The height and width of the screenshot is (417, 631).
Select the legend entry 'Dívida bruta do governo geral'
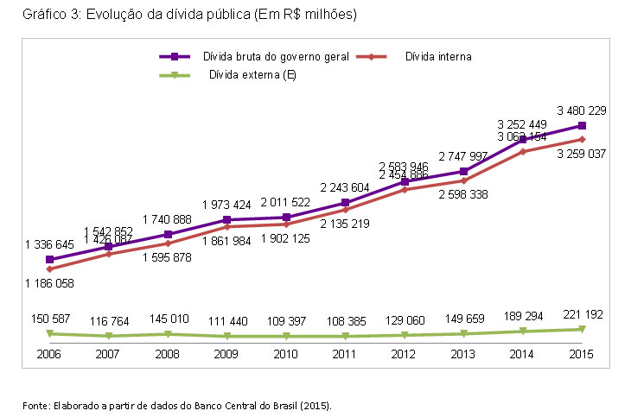pos(276,56)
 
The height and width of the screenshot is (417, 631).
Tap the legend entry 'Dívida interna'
pos(437,56)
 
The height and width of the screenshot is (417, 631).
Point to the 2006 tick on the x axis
pos(49,354)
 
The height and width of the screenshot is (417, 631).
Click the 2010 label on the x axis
pos(286,354)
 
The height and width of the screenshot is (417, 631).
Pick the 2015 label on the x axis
pos(582,354)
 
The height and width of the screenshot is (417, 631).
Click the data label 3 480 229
pos(581,110)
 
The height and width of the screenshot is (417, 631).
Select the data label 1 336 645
pos(49,244)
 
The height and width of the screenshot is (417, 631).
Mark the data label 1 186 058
pos(49,284)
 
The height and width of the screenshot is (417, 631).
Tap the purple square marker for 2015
pos(582,125)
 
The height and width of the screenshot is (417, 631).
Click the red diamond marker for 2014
pos(523,151)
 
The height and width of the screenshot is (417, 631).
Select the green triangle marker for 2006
pos(49,333)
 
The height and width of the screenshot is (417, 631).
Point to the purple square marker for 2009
pos(226,219)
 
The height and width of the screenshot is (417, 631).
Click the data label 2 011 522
pos(286,202)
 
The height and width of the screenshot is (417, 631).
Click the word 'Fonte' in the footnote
pos(35,404)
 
